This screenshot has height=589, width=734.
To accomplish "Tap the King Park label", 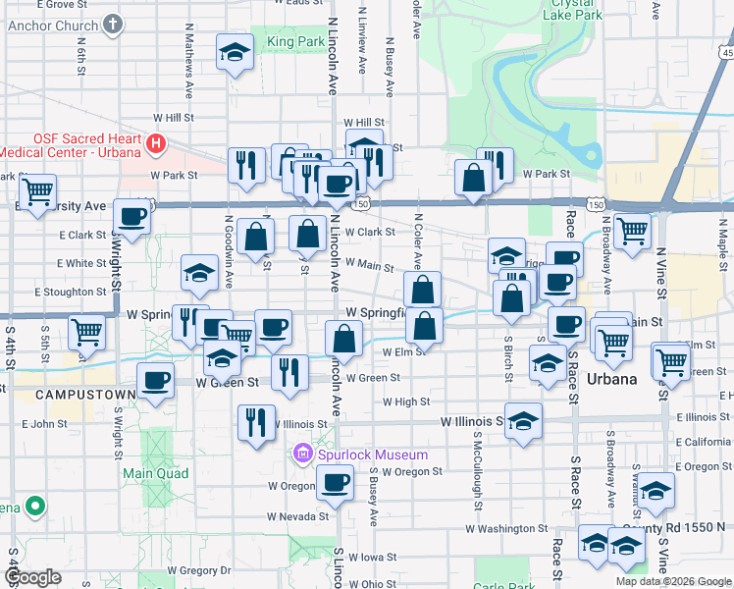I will (295, 43).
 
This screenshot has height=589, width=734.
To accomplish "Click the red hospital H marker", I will (154, 145).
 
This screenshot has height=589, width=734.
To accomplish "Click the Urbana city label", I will (611, 379).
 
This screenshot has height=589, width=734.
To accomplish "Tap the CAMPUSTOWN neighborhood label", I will (71, 394).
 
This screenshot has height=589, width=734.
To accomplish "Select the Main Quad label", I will (148, 473).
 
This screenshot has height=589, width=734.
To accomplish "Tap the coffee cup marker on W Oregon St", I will (336, 483).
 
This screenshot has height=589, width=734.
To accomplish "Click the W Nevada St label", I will (298, 515).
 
